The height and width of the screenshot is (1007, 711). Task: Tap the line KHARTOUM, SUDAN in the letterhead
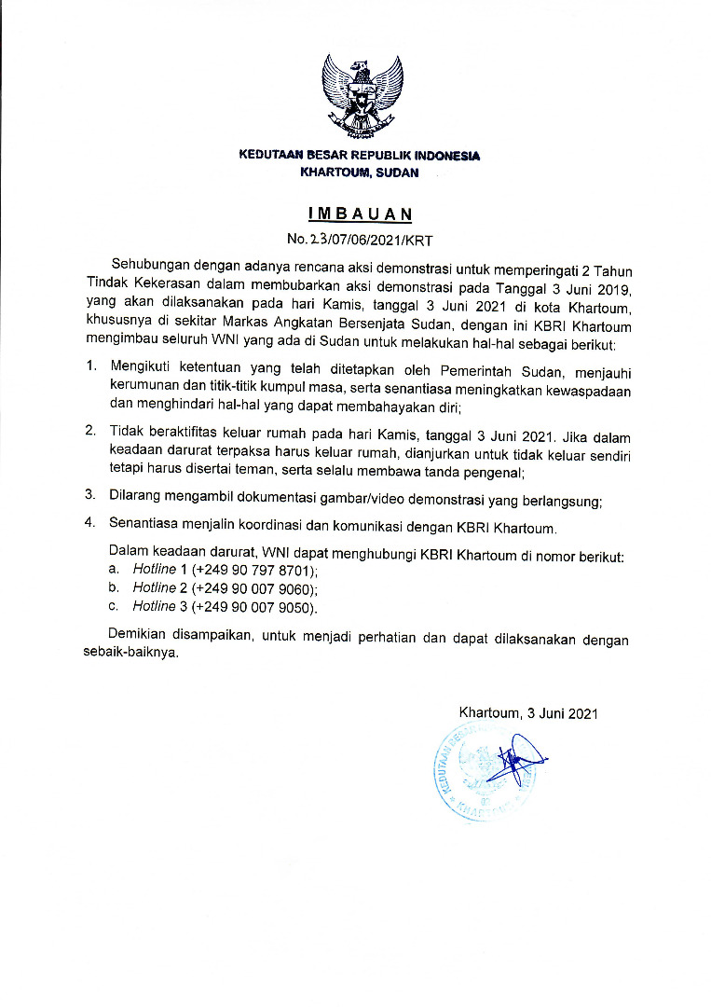tap(360, 172)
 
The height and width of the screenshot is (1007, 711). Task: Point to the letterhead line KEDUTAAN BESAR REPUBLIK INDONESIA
tap(360, 156)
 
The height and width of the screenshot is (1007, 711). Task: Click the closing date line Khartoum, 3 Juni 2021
tap(526, 714)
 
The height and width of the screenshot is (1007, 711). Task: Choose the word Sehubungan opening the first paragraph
tap(148, 267)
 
